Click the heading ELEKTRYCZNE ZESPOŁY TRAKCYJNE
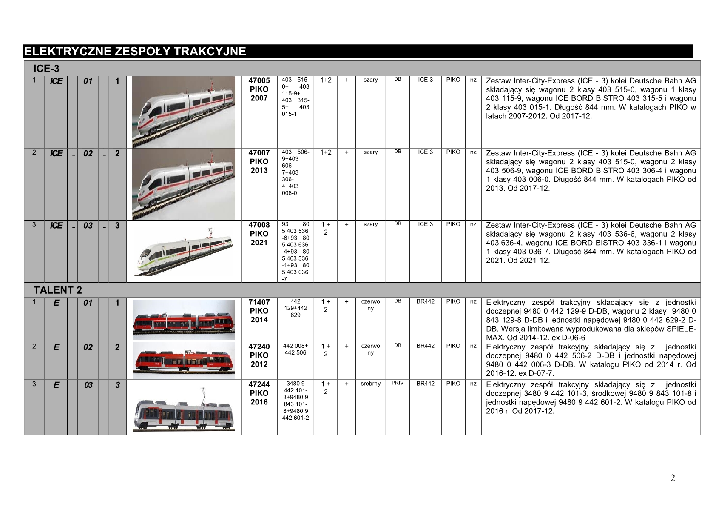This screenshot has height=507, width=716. (x=135, y=52)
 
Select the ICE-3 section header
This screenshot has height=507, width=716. (x=47, y=69)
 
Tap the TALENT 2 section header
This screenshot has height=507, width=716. (x=58, y=290)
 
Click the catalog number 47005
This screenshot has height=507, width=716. (x=259, y=81)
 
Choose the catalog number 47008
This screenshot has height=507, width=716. (x=259, y=225)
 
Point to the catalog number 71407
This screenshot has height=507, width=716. (x=259, y=302)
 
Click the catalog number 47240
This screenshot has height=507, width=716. (x=259, y=347)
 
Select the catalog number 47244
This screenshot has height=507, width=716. (x=259, y=384)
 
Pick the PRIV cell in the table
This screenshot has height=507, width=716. (x=398, y=383)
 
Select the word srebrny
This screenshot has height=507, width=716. (x=370, y=384)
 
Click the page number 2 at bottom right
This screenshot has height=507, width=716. (x=673, y=478)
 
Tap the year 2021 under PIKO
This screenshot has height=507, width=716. (x=259, y=243)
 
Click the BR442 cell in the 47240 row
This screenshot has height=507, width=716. (x=425, y=346)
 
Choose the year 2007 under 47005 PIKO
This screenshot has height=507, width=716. (x=259, y=98)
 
